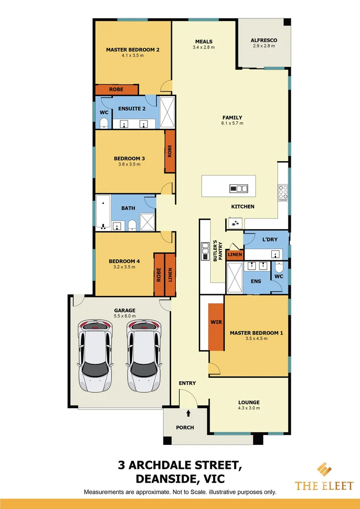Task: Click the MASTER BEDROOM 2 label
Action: click(132, 49)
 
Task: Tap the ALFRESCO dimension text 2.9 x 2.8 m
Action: click(264, 46)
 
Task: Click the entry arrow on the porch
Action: click(188, 413)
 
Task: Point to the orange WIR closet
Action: click(216, 327)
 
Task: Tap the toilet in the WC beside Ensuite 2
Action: click(104, 124)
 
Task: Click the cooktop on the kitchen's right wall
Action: click(283, 193)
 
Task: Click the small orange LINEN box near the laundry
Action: click(235, 255)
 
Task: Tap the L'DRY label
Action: click(270, 240)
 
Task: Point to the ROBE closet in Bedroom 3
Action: click(169, 151)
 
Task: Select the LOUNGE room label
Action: click(249, 402)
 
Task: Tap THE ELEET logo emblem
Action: click(324, 470)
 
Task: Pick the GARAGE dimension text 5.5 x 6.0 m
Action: click(124, 316)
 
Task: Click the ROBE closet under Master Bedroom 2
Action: click(116, 90)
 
